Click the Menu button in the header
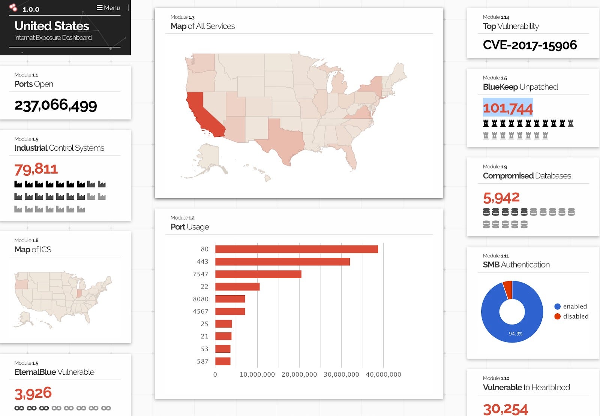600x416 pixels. click(x=108, y=8)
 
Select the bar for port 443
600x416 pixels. click(x=282, y=262)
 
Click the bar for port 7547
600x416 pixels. click(x=258, y=274)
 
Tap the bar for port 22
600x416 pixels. click(x=237, y=287)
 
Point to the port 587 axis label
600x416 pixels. click(x=202, y=362)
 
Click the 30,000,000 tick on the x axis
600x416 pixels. click(x=341, y=374)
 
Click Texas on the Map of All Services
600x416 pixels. click(x=283, y=141)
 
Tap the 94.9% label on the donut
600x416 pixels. click(x=516, y=334)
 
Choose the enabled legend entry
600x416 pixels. click(x=571, y=307)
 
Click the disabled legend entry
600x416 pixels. click(x=571, y=316)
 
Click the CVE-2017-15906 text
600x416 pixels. click(x=529, y=45)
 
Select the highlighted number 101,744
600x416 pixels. click(x=508, y=108)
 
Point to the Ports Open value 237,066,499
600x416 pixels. click(x=55, y=105)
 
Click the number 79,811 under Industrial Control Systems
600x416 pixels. click(x=36, y=169)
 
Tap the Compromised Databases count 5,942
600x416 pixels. click(x=501, y=198)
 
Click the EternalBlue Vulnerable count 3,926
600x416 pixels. click(x=33, y=393)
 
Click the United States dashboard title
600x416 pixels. click(x=52, y=26)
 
